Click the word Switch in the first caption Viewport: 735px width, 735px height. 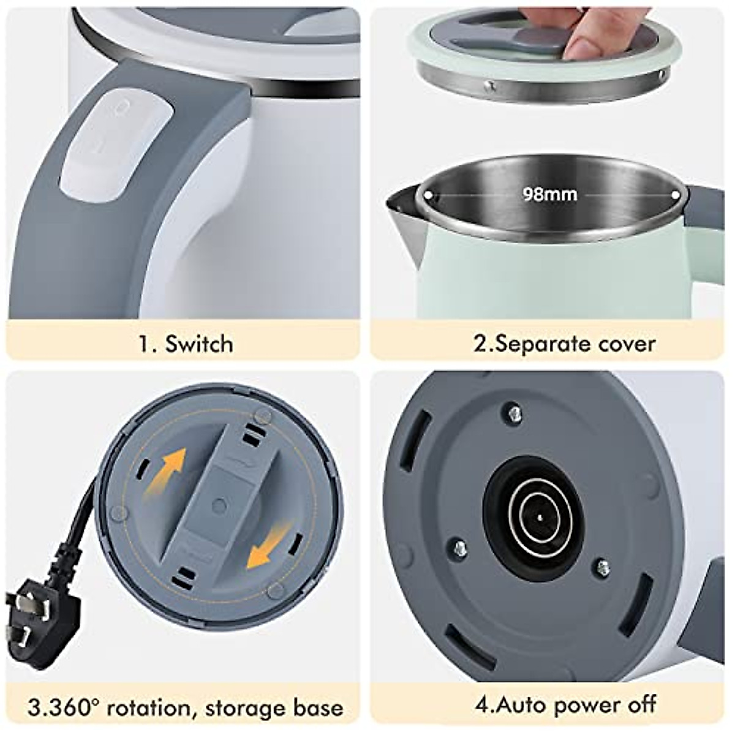(x=199, y=344)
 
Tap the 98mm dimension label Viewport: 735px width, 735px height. (x=549, y=194)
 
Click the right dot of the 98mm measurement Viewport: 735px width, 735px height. (x=676, y=194)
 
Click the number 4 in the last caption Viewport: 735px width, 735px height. (x=481, y=687)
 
